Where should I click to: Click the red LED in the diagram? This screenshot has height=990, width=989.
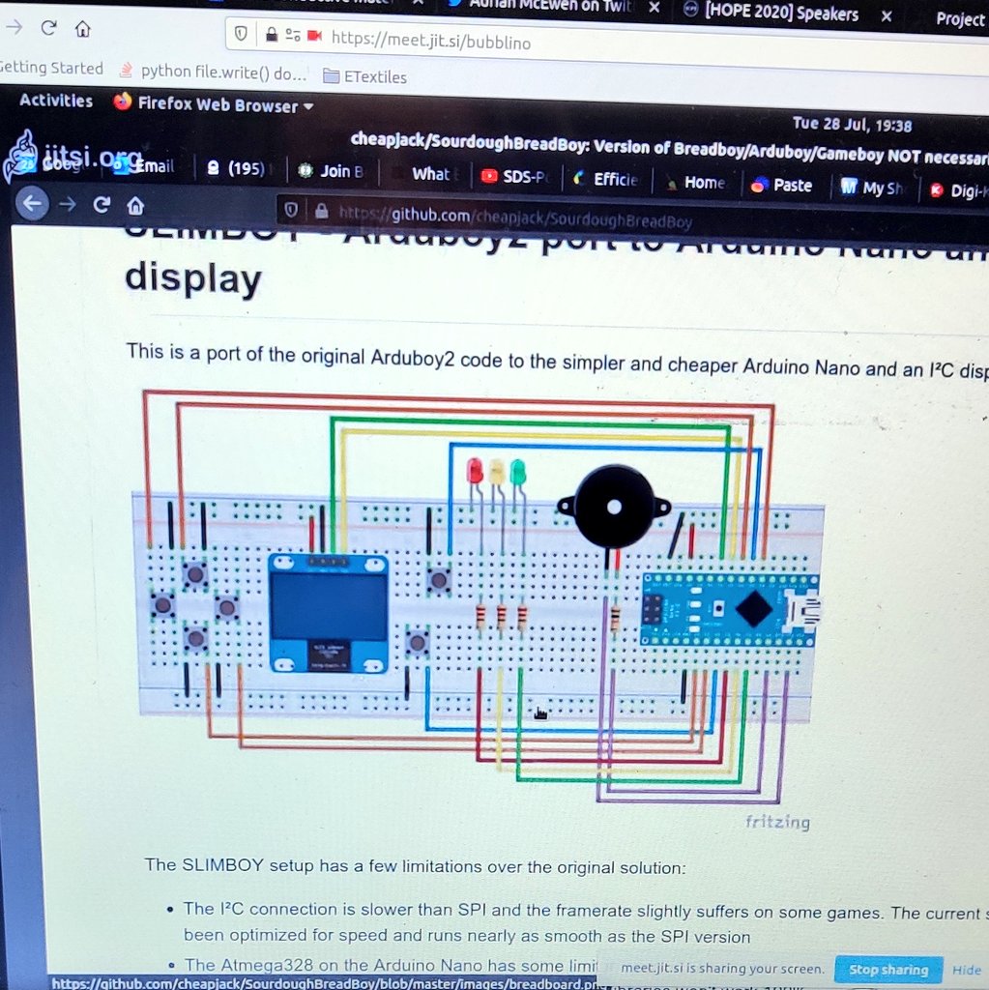tap(474, 471)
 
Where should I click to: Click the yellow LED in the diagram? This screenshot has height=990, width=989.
tap(496, 472)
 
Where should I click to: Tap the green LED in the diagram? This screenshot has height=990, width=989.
tap(517, 472)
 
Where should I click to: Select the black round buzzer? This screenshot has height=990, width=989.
tap(613, 507)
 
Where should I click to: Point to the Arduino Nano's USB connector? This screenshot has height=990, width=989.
tap(804, 609)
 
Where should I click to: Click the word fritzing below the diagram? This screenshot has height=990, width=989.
tap(777, 822)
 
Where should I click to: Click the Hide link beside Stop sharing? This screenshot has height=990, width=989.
tap(966, 970)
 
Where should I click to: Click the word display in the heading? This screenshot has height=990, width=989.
tap(193, 278)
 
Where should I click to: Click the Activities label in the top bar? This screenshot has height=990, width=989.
tap(56, 101)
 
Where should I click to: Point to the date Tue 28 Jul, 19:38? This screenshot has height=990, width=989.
tap(852, 124)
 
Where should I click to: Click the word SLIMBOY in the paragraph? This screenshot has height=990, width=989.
tap(218, 865)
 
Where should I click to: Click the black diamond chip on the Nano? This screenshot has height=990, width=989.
tap(753, 608)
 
